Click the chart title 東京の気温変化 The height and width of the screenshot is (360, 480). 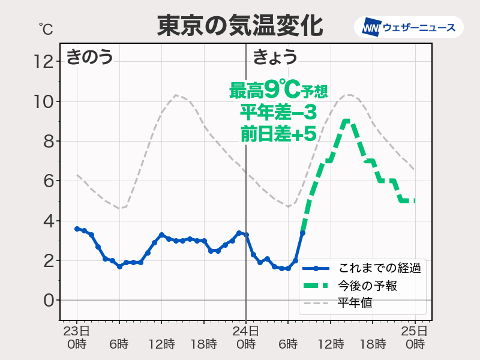pyautogui.click(x=239, y=26)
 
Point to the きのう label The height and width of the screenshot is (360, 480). pyautogui.click(x=89, y=58)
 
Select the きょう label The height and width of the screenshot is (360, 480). pyautogui.click(x=275, y=58)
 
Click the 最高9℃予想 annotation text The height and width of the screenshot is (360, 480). pyautogui.click(x=278, y=91)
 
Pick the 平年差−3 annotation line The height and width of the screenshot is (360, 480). pyautogui.click(x=278, y=112)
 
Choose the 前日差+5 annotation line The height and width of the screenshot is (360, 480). pyautogui.click(x=278, y=133)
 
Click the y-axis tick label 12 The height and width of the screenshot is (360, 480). pyautogui.click(x=45, y=61)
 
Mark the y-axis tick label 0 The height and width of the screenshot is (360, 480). pyautogui.click(x=49, y=300)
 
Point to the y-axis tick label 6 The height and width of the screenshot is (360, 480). pyautogui.click(x=49, y=181)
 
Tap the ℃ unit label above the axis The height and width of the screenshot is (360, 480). pyautogui.click(x=46, y=28)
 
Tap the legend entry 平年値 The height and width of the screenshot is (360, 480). pyautogui.click(x=354, y=303)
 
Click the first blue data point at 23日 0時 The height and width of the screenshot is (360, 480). pyautogui.click(x=77, y=229)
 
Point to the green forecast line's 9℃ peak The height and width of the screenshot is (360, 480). pyautogui.click(x=346, y=121)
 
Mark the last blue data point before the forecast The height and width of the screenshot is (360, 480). pyautogui.click(x=302, y=233)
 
